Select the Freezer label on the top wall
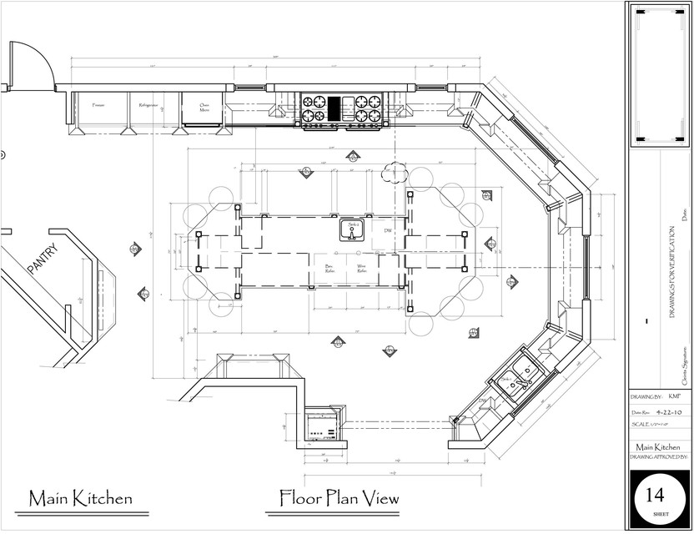coord(98,106)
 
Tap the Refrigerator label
coord(148,106)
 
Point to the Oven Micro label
coord(204,107)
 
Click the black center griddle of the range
coord(334,109)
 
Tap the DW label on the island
coord(388,230)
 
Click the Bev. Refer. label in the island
coord(329,269)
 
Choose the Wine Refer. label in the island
coord(363,269)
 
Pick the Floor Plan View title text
coord(339,498)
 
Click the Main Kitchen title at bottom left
coord(80,499)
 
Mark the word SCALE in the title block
coord(641,425)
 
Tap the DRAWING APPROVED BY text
coord(659,457)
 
